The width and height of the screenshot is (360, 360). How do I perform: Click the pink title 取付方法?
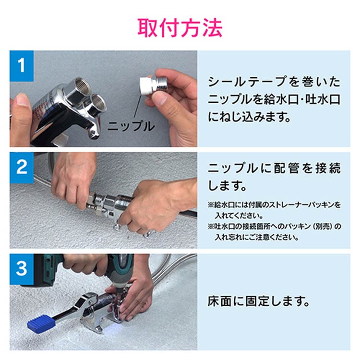coord(180,28)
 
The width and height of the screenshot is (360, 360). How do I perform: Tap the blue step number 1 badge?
coord(22,66)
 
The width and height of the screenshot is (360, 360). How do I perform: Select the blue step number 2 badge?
coord(22,168)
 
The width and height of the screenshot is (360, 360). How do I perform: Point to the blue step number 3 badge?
coord(22,269)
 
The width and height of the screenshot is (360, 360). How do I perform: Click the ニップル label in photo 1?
coord(131,126)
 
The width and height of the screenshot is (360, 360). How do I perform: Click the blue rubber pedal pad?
coord(41,323)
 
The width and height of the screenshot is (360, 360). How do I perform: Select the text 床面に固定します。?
coord(259,301)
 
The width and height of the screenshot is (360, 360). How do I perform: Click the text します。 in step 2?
coord(228,186)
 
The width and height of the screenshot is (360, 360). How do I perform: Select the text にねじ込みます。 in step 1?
coord(250,117)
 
